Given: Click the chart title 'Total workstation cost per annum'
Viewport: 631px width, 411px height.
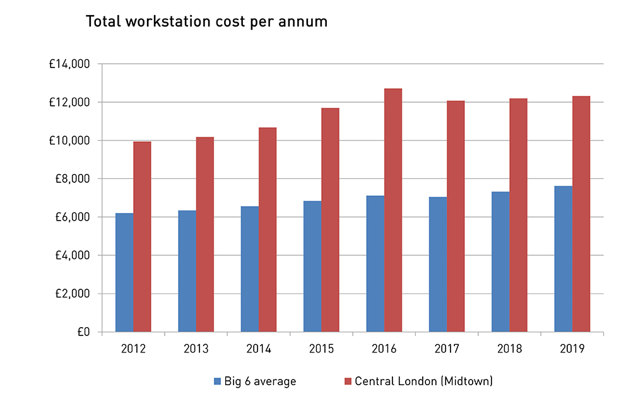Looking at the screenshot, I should pos(206,22).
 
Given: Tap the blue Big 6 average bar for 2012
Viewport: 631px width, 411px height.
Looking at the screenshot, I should pos(124,272).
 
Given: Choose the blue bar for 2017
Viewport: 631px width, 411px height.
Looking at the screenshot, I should pos(438,264).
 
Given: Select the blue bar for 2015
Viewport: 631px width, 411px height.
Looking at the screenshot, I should pos(312,266).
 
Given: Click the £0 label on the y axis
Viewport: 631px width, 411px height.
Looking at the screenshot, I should pos(83,332).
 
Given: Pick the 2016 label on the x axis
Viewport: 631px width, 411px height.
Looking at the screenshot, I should pos(384,349).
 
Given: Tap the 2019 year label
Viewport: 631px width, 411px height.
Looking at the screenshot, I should pos(572,349).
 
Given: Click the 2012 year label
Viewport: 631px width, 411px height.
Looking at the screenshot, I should pos(133,349).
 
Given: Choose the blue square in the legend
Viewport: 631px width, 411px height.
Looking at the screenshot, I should pos(218,381).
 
